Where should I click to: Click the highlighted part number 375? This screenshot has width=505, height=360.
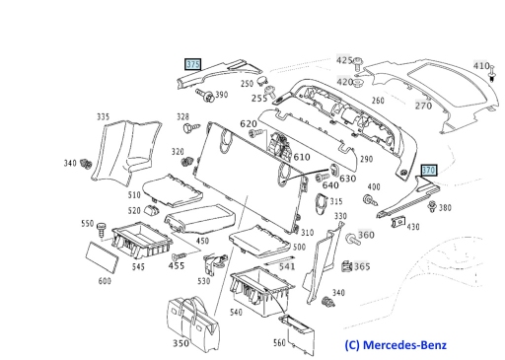pos(193,64)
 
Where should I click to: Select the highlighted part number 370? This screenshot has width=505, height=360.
pos(429,171)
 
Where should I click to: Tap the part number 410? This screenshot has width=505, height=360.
pos(481,66)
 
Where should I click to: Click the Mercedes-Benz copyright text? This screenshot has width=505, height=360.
pos(396,345)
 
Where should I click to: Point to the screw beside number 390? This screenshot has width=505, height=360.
pos(204,95)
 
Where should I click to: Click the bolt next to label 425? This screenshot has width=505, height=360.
pos(357,64)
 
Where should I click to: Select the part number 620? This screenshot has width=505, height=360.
pos(249,123)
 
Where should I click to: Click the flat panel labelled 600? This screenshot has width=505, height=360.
pos(102,257)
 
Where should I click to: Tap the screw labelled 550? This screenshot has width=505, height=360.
pos(102,230)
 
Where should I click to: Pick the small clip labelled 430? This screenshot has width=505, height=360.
pos(398,222)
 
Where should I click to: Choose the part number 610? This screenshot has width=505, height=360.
pos(302,157)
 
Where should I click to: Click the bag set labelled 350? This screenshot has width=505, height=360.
pos(192,323)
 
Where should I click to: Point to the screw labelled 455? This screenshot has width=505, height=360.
pos(180,256)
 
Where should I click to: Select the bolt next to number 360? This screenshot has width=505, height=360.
pos(353,239)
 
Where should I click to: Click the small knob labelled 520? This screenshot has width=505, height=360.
pos(151,209)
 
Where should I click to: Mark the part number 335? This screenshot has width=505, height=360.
pos(103,116)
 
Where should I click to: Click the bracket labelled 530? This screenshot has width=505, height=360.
pos(214,263)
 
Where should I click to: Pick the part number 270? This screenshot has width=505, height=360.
pos(423,106)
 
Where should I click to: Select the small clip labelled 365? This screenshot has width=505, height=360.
pos(346,266)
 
